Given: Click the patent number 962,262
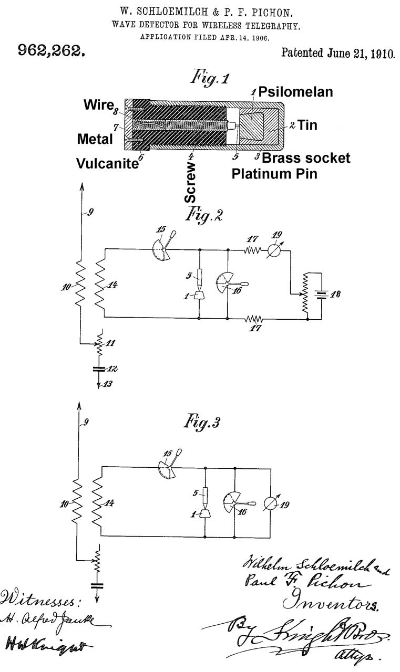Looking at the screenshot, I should tap(52, 51).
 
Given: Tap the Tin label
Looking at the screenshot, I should tap(307, 125).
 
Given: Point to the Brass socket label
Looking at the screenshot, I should tap(306, 157).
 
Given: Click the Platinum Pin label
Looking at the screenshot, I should tap(274, 173).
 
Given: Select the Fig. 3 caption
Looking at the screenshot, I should tap(200, 422).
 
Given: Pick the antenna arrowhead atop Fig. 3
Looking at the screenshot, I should tap(80, 405).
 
